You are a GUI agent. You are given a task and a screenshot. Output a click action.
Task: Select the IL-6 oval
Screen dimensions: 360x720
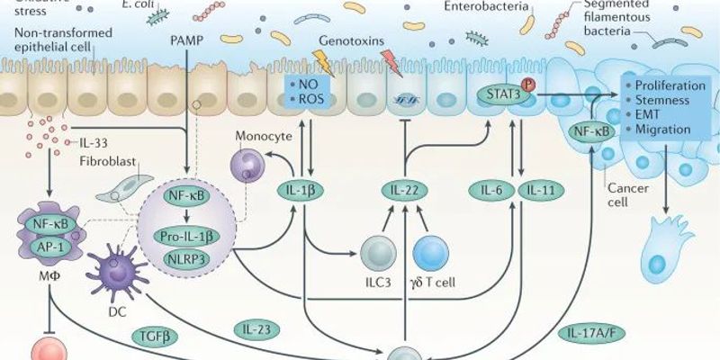(493, 190)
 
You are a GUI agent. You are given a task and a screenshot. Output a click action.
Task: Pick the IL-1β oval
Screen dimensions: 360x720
(302, 190)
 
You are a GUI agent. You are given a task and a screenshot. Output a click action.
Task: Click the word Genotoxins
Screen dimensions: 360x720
(348, 42)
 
